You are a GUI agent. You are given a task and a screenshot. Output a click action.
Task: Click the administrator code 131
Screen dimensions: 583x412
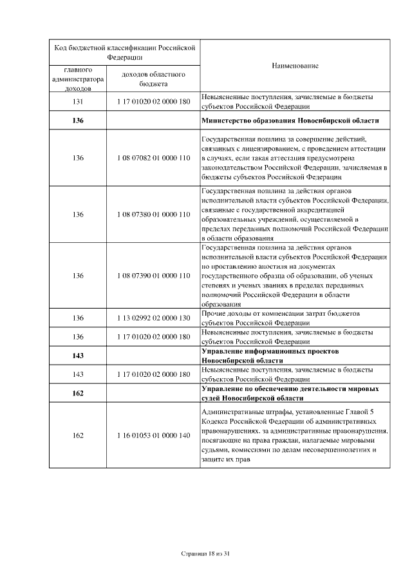pyautogui.click(x=78, y=102)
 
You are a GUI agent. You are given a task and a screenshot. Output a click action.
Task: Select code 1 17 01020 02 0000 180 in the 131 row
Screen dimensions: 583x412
pyautogui.click(x=154, y=102)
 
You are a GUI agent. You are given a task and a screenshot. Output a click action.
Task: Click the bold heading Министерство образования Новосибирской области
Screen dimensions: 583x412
pyautogui.click(x=290, y=120)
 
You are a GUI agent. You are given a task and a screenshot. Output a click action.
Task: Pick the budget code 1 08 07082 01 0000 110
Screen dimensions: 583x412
pyautogui.click(x=154, y=157)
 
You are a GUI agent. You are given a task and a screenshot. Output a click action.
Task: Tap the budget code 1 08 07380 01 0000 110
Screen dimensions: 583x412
pyautogui.click(x=154, y=214)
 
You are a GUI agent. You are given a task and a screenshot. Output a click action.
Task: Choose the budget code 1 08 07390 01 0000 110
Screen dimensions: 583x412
pyautogui.click(x=154, y=276)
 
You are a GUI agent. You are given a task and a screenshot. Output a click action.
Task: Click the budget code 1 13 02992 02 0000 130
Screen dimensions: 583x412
pyautogui.click(x=154, y=318)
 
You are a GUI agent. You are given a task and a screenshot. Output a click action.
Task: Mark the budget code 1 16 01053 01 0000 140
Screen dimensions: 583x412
pyautogui.click(x=154, y=435)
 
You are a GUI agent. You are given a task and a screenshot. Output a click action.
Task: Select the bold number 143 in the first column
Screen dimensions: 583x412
pyautogui.click(x=78, y=356)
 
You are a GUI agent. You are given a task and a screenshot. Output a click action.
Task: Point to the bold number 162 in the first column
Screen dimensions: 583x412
pyautogui.click(x=78, y=394)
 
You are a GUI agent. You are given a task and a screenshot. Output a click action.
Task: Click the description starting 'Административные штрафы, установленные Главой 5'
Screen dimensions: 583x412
pyautogui.click(x=294, y=435)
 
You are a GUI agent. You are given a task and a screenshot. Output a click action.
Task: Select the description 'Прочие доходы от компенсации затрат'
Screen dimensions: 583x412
pyautogui.click(x=280, y=318)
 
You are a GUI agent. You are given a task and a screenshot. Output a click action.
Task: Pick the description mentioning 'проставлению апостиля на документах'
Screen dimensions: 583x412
pyautogui.click(x=294, y=276)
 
